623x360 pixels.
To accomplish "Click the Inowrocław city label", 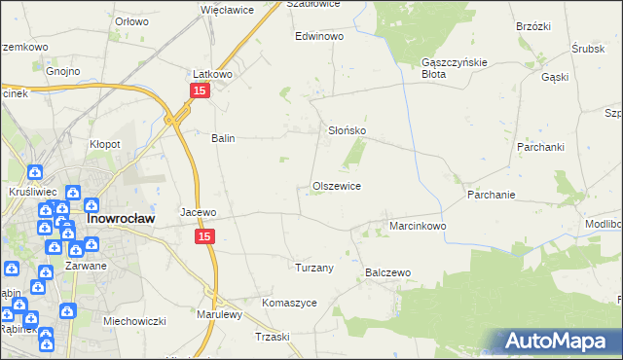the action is pos(118,219).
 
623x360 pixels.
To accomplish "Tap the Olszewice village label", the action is pos(337,186).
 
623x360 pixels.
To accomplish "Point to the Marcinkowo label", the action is pos(418,226).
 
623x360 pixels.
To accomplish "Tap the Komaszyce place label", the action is pos(289,303).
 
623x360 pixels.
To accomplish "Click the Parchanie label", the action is pos(491,195).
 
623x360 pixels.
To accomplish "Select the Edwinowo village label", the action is pos(320,36).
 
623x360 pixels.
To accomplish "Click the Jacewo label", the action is pos(199,211).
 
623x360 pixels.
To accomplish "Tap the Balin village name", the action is pos(224,138).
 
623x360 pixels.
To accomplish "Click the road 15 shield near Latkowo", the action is pos(199,90).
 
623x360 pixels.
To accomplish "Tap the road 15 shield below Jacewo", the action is pos(203,236).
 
